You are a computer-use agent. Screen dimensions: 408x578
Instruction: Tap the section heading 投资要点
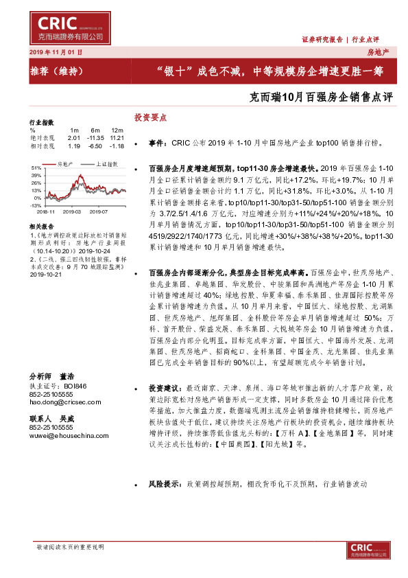click(x=150, y=118)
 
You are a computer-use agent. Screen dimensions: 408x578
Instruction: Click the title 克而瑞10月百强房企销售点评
click(x=322, y=97)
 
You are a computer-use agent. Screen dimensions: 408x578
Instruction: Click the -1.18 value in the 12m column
click(x=117, y=146)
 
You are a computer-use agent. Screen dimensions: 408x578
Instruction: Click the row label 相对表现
click(x=43, y=146)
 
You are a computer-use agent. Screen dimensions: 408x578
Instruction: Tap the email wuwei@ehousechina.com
click(x=62, y=435)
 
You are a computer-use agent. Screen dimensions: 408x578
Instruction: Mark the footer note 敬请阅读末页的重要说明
click(x=70, y=547)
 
